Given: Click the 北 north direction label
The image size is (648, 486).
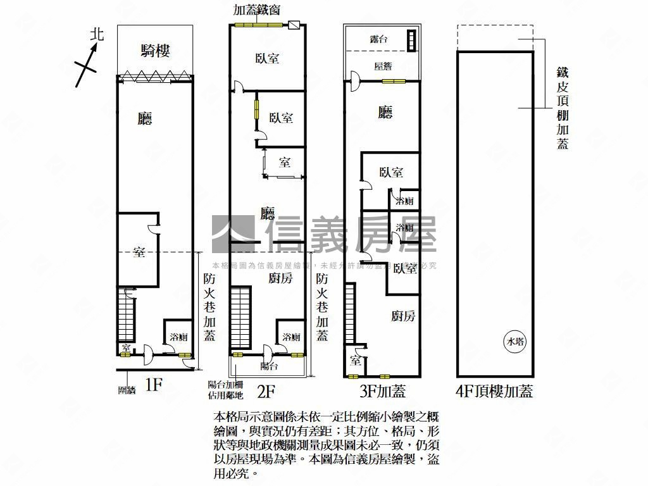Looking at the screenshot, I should click(x=96, y=34).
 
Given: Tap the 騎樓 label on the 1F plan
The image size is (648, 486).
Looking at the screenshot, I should click(x=155, y=51).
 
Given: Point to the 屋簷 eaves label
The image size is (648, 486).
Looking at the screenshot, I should click(x=383, y=66).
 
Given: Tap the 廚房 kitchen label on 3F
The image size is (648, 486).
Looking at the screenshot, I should click(x=403, y=316).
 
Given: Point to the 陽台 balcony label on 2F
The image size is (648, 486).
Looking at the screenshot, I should click(x=269, y=366).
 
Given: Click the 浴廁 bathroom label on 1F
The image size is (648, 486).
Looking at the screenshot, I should click(x=178, y=337).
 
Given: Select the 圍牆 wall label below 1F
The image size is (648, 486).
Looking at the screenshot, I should click(x=127, y=390).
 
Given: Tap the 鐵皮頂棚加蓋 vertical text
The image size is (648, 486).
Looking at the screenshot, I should click(x=562, y=108).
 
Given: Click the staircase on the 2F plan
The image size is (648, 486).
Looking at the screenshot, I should click(x=240, y=317).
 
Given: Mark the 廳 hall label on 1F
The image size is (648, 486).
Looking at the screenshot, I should click(x=146, y=118).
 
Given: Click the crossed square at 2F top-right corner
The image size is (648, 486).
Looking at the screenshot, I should click(x=295, y=26).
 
